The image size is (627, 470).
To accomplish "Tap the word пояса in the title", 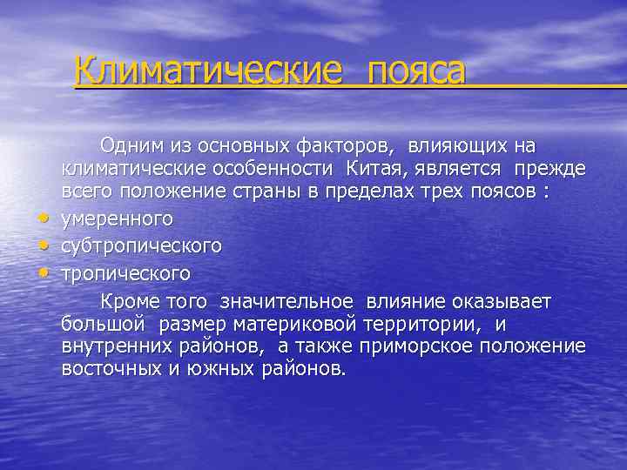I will [416, 70].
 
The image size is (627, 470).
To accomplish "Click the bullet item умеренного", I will [117, 218].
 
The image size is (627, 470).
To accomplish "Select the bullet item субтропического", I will [141, 246].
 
